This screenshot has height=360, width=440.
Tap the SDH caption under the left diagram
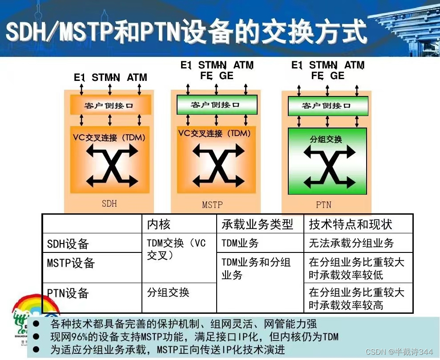coord(109,204)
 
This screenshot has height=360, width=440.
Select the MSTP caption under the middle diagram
coord(212,205)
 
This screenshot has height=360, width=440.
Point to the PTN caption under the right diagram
coord(323,205)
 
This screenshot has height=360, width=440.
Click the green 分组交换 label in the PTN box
coord(326,139)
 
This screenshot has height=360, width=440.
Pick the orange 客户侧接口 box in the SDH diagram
coord(109,105)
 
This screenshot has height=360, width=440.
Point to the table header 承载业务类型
coord(258,224)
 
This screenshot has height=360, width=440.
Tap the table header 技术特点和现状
coord(351,224)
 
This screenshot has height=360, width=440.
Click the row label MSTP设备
coord(71,263)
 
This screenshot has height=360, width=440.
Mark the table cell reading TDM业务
coord(240,243)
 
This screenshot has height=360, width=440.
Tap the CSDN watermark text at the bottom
coord(399,352)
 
